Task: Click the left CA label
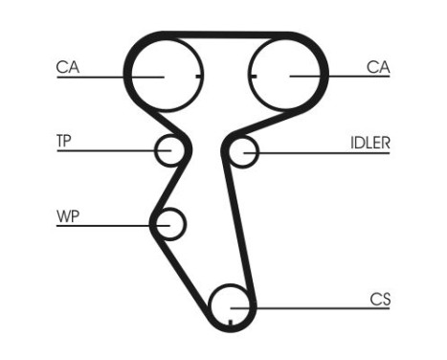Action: pos(67,67)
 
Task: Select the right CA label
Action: pos(378,67)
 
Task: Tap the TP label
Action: pos(64,141)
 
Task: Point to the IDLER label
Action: pos(369,143)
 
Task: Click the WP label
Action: pos(66,215)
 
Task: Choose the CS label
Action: pos(380,299)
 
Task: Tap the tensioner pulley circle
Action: pos(169,150)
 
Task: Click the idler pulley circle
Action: pos(244,151)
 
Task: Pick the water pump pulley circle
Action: pos(169,225)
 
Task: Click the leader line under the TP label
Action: pos(105,150)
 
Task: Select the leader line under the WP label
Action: pos(105,225)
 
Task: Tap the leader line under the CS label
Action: pos(316,306)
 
